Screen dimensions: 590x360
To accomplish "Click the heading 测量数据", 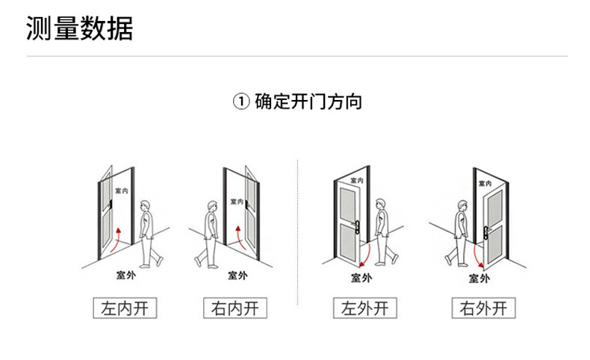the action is coord(79,28).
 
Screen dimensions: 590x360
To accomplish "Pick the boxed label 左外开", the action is coord(365,308).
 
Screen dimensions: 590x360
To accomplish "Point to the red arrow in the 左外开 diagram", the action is coord(363,255).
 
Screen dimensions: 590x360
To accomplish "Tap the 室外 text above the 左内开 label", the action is coord(125,274).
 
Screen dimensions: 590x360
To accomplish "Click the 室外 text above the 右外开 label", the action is coord(479,278).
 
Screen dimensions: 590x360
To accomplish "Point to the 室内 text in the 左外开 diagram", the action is coord(356,181).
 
